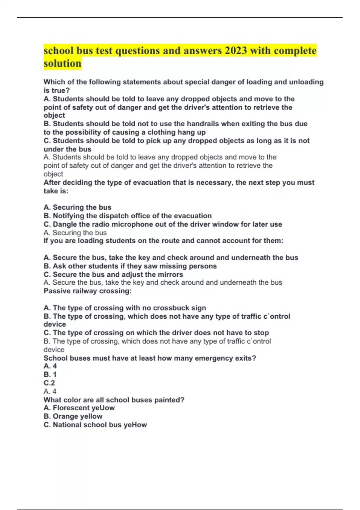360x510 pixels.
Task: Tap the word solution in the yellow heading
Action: [62, 64]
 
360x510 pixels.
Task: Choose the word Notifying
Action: [68, 216]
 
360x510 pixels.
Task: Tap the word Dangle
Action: [64, 224]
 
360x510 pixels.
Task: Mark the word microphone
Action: [130, 224]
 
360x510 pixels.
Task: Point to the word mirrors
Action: [171, 274]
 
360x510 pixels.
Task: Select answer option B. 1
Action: [50, 374]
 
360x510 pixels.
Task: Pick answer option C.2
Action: [49, 383]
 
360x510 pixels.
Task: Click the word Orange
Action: [64, 416]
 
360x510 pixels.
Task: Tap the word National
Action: [67, 425]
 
